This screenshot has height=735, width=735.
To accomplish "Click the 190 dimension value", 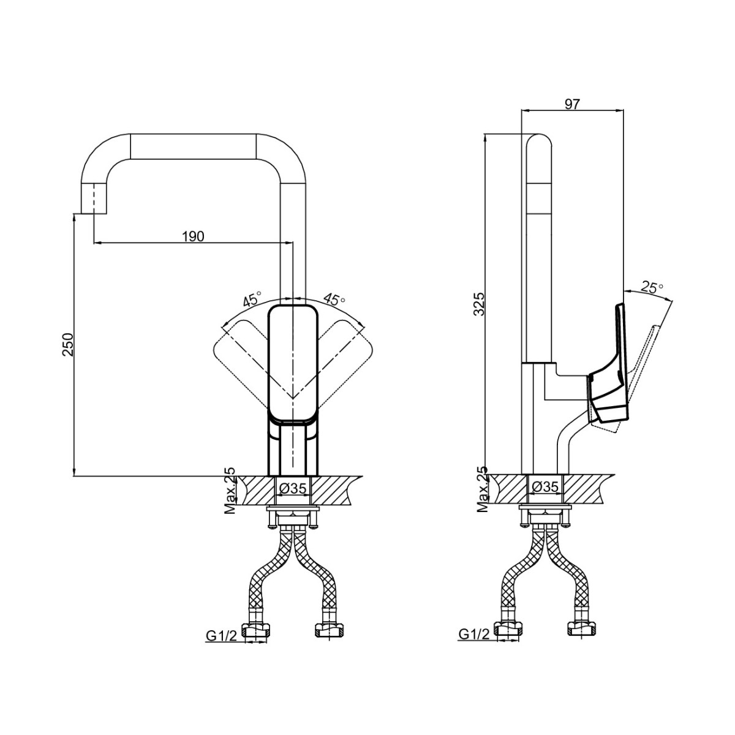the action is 192,237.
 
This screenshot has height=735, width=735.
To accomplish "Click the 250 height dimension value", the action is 68,345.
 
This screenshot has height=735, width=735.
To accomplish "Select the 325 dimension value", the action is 479,304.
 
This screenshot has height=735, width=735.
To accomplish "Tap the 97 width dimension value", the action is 572,104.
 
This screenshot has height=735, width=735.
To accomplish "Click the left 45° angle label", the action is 252,299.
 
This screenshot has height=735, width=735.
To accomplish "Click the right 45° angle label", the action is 334,299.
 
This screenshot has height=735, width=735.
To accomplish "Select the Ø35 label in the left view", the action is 293,489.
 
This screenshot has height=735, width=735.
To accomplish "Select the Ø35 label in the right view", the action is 545,487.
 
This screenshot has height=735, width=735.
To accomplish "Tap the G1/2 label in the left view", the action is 222,635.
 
